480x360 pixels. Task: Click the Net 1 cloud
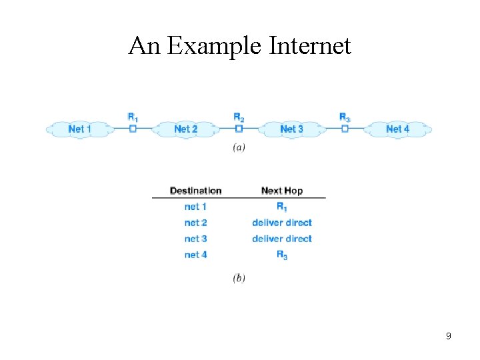click(79, 129)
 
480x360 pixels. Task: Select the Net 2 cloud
click(185, 129)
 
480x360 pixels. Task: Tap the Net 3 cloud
click(291, 129)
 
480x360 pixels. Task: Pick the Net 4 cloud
click(398, 129)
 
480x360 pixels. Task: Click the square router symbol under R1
click(133, 129)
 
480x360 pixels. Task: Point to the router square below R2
click(239, 129)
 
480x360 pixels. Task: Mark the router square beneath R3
click(345, 129)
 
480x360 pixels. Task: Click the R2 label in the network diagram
click(239, 117)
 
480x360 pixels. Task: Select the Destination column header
click(195, 191)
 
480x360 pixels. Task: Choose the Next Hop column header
click(282, 191)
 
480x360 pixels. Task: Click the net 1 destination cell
click(195, 207)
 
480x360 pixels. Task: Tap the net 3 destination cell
click(195, 239)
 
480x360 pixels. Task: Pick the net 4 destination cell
click(195, 255)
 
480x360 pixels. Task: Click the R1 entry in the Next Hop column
click(282, 207)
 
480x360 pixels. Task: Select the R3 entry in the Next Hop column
click(282, 255)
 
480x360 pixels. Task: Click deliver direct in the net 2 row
click(282, 223)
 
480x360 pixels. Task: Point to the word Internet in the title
click(310, 46)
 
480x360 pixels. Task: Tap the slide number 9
click(449, 336)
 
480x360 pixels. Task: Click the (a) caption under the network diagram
click(239, 147)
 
